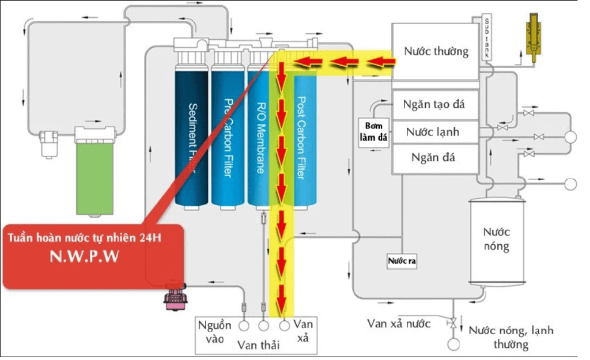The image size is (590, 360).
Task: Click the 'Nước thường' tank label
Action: point(436,52)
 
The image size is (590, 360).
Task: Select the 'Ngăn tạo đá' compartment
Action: point(435,105)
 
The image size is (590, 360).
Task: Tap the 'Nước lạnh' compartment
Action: point(435,132)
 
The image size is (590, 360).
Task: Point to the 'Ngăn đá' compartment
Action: point(435,157)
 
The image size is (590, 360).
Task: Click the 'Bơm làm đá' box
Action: point(375,132)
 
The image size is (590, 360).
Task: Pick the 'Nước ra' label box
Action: point(402,261)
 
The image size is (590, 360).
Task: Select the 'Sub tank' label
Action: point(487,38)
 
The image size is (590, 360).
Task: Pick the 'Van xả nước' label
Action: point(399,324)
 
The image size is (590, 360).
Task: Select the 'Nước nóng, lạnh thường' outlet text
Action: point(510,337)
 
